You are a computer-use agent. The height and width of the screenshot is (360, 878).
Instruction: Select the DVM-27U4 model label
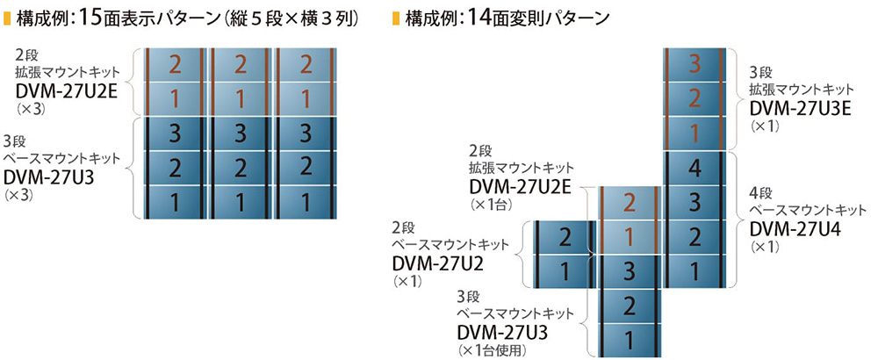point(792,228)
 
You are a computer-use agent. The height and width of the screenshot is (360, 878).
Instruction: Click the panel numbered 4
point(694,169)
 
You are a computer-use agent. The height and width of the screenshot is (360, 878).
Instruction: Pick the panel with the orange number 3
point(694,63)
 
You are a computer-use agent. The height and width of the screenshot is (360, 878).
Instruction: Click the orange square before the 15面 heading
point(8,18)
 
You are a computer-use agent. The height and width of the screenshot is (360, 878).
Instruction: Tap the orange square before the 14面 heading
point(397,18)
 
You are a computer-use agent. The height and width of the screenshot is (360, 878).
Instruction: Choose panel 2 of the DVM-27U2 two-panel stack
point(565,235)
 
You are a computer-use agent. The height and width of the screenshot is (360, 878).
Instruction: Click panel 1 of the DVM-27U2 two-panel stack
point(565,270)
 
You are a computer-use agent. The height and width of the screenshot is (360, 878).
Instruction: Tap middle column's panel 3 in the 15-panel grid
point(239,133)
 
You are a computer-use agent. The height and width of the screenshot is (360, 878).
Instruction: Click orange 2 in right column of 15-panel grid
point(305,63)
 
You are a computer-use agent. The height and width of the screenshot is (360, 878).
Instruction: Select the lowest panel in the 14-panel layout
point(628,338)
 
